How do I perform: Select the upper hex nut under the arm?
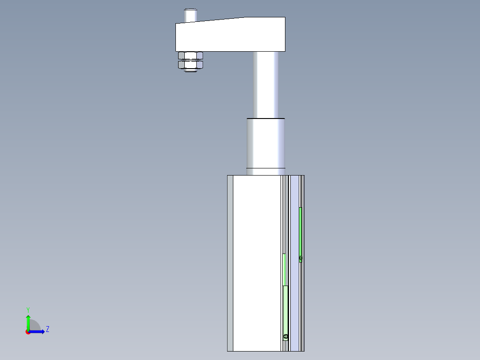point(191,56)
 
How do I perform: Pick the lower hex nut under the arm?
point(191,64)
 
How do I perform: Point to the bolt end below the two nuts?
point(191,70)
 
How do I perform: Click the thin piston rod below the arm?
point(266,85)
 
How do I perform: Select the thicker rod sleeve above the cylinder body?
point(266,143)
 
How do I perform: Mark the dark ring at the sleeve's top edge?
point(266,119)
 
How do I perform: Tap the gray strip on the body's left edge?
point(230,263)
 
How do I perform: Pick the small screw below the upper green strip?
point(301,258)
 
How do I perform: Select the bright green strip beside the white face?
point(285,269)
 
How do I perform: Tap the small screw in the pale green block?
point(285,337)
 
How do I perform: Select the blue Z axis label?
point(47,329)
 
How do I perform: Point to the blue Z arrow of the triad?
point(38,331)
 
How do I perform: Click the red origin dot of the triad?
point(28,332)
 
